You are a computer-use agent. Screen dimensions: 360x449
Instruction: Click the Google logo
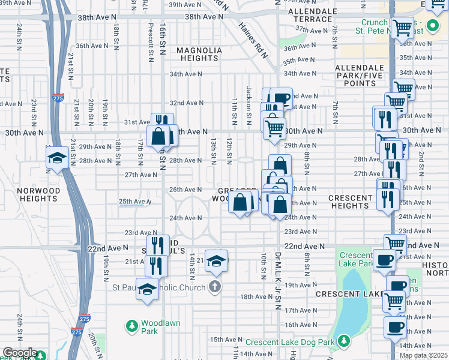[19, 353]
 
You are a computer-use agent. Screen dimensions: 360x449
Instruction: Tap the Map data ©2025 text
[424, 355]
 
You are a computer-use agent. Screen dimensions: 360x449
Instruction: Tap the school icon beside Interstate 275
[57, 157]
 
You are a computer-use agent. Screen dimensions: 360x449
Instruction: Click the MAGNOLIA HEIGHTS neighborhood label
[198, 54]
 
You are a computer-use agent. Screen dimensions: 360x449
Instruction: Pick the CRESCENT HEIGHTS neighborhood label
[349, 202]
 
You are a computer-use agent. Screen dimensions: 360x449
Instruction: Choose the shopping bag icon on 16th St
[158, 136]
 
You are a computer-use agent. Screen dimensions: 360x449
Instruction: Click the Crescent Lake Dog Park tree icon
[343, 341]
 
